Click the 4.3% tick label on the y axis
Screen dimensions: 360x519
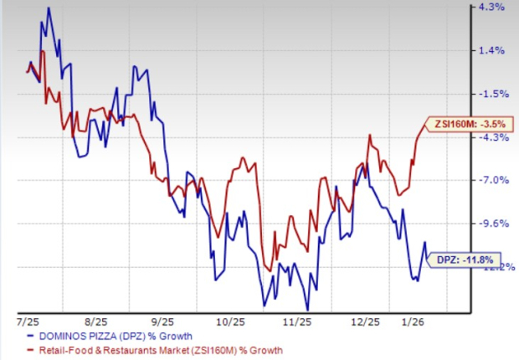click(x=491, y=8)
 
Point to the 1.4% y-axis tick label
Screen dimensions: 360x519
click(x=491, y=50)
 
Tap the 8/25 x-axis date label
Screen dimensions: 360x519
click(x=96, y=321)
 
